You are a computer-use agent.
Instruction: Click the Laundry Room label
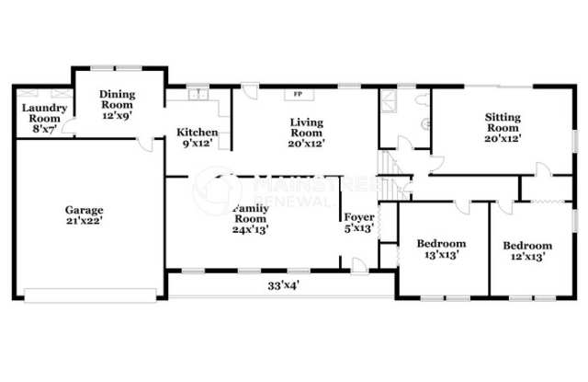coord(40,112)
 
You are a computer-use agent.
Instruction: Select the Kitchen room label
coord(197,132)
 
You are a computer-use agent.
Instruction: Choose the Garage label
coord(84,209)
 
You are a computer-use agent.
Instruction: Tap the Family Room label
coord(250,214)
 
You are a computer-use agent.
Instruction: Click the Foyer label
coord(358,218)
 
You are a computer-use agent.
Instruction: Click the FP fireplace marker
coord(298,94)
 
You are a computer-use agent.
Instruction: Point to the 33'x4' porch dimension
coord(284,285)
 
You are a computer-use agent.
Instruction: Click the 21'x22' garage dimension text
coord(84,222)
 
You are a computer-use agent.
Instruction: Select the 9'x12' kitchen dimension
coord(197,144)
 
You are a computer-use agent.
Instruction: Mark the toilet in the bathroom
coord(424,122)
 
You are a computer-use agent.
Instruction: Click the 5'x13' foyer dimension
coord(358,229)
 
